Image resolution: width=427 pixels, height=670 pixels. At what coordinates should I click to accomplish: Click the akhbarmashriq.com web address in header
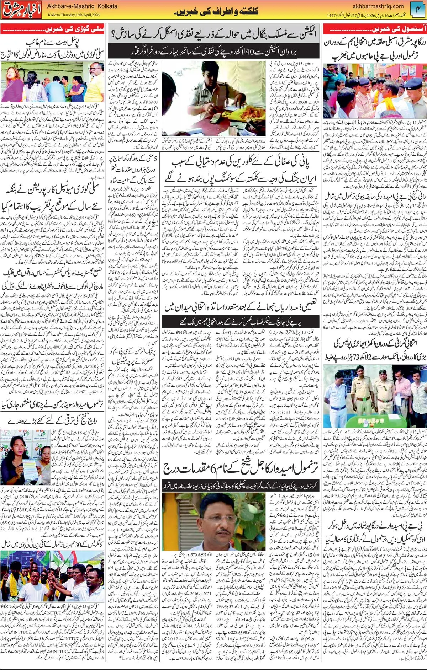(x=378, y=6)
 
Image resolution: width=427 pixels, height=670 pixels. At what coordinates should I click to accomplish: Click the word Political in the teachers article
(x=280, y=412)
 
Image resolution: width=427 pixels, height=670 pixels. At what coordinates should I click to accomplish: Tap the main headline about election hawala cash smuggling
(x=213, y=34)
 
